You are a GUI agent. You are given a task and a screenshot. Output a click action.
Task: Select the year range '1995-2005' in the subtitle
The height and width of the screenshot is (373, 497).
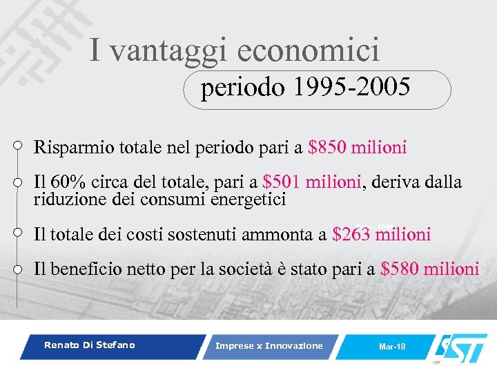coord(351,88)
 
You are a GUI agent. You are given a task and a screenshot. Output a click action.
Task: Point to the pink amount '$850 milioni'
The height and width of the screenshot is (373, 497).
coord(358,147)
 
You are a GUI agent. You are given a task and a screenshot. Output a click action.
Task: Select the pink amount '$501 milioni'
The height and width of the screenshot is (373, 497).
coord(312,182)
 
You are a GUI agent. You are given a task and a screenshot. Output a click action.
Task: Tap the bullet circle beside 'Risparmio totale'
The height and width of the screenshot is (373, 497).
coord(18,146)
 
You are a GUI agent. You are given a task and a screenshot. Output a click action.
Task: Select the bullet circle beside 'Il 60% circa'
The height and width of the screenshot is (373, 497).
coord(18,181)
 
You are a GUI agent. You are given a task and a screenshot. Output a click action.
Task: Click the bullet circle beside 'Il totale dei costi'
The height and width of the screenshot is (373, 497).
coord(18,233)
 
